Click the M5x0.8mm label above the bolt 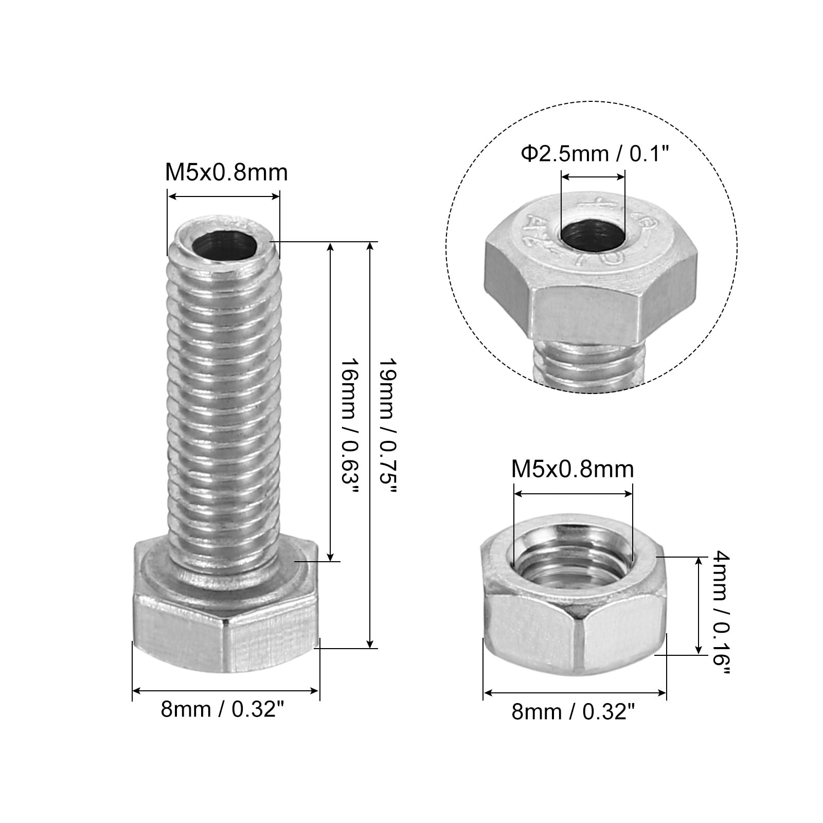(x=226, y=172)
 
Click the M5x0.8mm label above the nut (x=572, y=469)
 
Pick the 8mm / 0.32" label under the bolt (x=223, y=710)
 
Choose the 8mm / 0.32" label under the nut (x=574, y=712)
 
